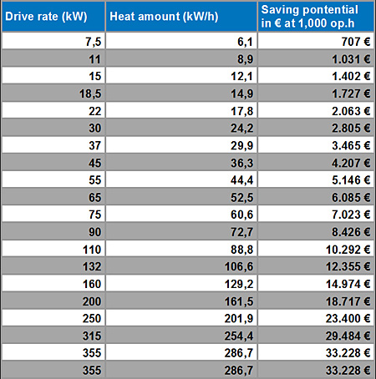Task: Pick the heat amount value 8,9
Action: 245,59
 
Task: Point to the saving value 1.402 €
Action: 351,76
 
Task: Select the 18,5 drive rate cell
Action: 90,93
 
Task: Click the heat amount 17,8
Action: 241,111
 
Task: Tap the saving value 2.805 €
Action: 351,129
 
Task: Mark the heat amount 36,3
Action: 241,163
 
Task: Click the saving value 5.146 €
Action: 351,180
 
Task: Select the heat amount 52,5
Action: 241,198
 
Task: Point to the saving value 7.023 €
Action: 351,215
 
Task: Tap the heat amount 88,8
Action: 241,250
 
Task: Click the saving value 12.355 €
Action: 348,266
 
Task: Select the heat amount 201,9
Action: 239,319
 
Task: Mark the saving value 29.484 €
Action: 348,336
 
